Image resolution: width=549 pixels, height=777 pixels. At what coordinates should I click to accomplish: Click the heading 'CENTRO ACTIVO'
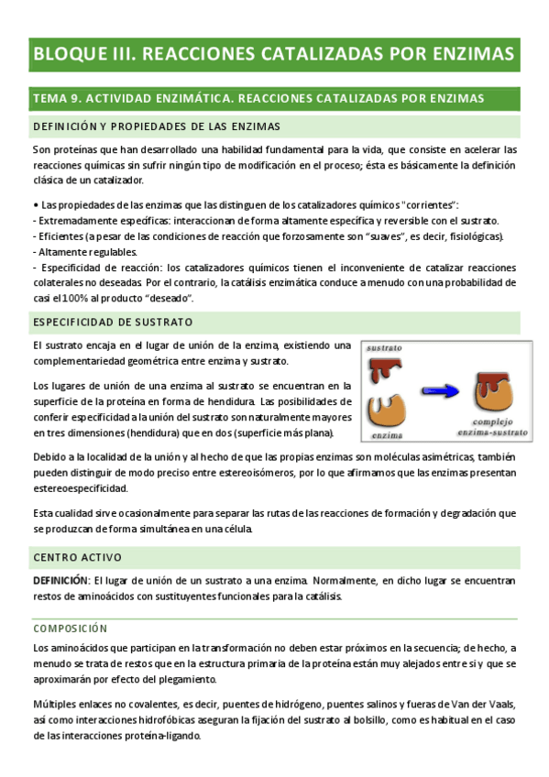77,556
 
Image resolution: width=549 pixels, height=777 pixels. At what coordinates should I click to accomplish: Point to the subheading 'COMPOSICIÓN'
71,628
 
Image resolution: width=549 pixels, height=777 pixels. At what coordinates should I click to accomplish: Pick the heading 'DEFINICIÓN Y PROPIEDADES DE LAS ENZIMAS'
156,126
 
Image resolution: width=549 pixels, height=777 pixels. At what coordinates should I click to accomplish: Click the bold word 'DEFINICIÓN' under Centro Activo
60,581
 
